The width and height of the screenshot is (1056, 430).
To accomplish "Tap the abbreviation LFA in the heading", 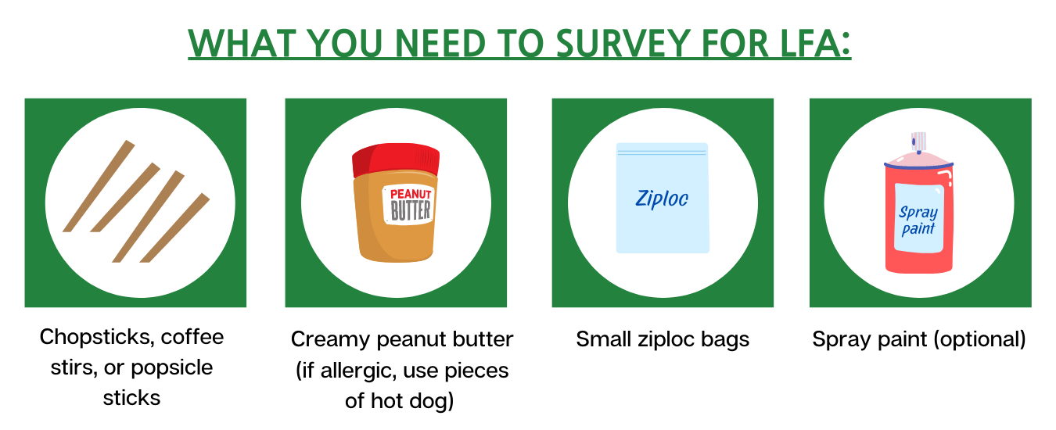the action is pyautogui.click(x=807, y=43).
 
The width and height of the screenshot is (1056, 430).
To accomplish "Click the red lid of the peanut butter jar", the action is pyautogui.click(x=396, y=159).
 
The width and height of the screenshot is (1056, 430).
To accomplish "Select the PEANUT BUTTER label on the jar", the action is pyautogui.click(x=409, y=205).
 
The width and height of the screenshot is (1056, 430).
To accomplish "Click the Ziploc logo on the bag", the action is pyautogui.click(x=662, y=199).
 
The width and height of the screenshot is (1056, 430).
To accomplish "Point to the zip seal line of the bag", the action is pyautogui.click(x=662, y=152).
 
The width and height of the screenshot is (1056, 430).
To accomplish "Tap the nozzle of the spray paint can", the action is pyautogui.click(x=918, y=142).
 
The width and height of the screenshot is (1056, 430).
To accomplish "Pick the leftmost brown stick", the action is pyautogui.click(x=99, y=186).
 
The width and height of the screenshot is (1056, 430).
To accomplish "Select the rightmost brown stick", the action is pyautogui.click(x=175, y=228).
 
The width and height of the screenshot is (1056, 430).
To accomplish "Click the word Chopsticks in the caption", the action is pyautogui.click(x=97, y=337).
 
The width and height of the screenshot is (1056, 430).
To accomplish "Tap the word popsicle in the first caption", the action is pyautogui.click(x=171, y=368).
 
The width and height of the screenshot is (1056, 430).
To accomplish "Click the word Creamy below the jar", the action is pyautogui.click(x=330, y=340).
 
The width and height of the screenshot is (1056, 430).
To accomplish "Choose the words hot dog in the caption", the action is pyautogui.click(x=412, y=401).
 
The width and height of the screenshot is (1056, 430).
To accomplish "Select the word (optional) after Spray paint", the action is pyautogui.click(x=981, y=339).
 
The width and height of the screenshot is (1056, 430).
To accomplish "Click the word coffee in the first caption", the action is pyautogui.click(x=192, y=337).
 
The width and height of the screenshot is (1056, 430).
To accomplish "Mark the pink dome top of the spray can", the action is pyautogui.click(x=918, y=159).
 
